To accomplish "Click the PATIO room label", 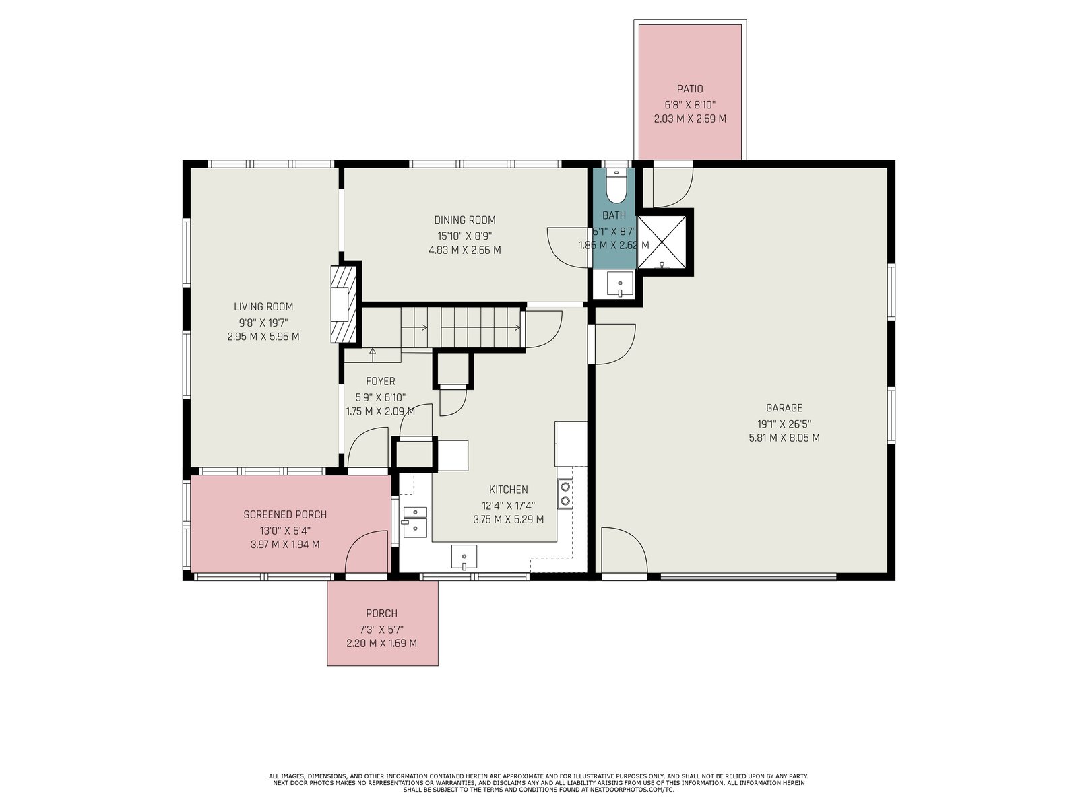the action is (x=689, y=89).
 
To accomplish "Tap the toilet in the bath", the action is (x=615, y=185).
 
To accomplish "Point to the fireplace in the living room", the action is (x=344, y=304).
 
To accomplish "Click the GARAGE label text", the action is (x=784, y=407).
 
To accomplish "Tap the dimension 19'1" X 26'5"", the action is (x=784, y=424).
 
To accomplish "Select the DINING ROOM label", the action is (x=465, y=220).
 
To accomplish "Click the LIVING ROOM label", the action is (x=263, y=306).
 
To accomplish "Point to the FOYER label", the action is (x=380, y=381).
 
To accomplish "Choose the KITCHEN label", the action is (x=508, y=489).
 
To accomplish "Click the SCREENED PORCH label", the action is (x=285, y=514).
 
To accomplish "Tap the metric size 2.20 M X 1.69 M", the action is (x=381, y=643).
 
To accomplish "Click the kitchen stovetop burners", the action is (x=565, y=494).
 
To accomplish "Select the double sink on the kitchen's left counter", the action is (x=415, y=522).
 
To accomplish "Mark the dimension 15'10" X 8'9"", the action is (x=465, y=235).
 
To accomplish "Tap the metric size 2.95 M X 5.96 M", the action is (x=263, y=337).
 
